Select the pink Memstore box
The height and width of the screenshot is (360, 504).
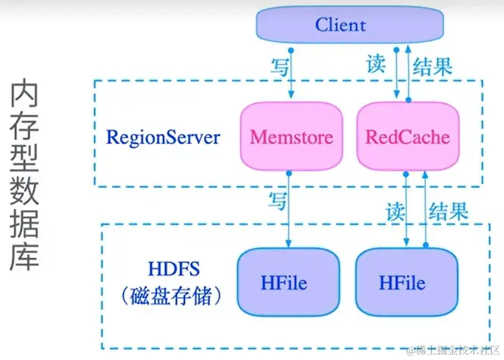point(291,137)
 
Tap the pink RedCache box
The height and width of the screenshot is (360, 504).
point(407,137)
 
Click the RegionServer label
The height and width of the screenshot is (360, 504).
point(163,138)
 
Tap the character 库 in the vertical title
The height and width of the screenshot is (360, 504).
point(28,254)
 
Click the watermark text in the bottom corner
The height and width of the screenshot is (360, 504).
point(452,350)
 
